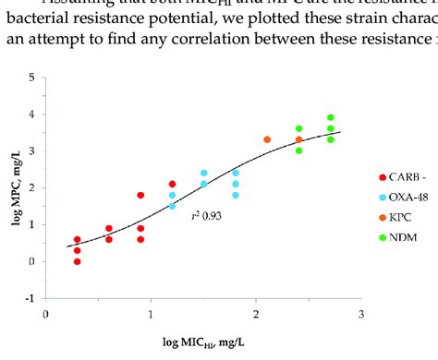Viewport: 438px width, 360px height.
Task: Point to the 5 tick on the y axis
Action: click(33, 78)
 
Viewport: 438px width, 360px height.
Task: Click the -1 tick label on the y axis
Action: click(31, 298)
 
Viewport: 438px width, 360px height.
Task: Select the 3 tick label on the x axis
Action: click(360, 314)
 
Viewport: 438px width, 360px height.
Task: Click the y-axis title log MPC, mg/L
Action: click(13, 187)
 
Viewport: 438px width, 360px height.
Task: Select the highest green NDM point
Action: click(330, 118)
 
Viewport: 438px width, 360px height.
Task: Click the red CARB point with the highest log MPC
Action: click(172, 185)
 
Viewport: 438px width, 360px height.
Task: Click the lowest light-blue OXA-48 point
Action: click(172, 206)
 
